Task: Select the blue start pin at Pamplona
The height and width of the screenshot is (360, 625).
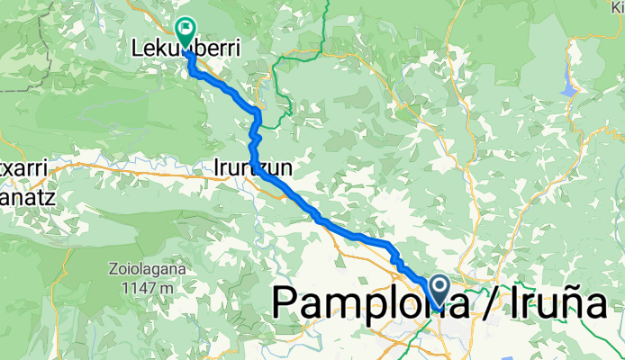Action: pos(440,291)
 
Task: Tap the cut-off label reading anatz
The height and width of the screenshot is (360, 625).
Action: pos(23,189)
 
